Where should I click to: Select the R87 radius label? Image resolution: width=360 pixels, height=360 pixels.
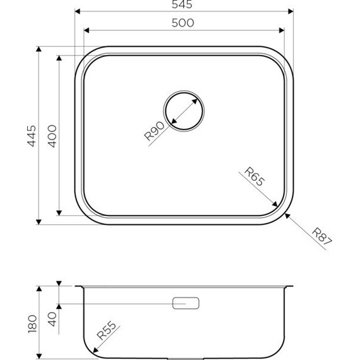click(x=321, y=239)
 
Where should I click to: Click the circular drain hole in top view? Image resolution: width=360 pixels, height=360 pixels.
click(x=183, y=111)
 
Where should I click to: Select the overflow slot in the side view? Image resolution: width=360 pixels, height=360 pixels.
click(x=186, y=304)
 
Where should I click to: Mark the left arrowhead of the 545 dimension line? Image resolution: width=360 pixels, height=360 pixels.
click(x=77, y=11)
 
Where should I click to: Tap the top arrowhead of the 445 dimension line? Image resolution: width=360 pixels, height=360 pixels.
click(x=39, y=48)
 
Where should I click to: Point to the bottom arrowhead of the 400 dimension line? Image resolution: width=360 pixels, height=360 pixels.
click(x=60, y=213)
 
